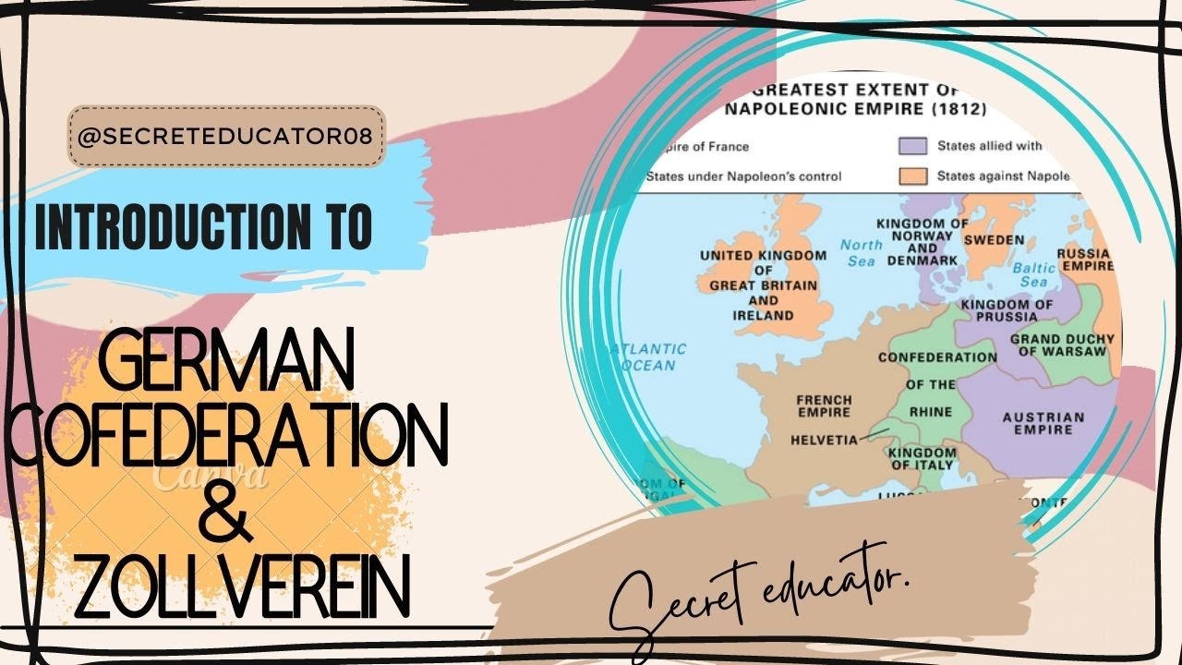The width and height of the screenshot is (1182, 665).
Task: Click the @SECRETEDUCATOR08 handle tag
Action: coord(225,137)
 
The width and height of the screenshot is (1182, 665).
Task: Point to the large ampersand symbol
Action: coord(227,516)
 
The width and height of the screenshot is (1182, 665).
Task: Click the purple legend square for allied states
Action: coord(912,147)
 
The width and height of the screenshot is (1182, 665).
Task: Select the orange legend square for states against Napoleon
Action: coord(912,175)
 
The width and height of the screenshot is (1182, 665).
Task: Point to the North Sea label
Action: coord(862,252)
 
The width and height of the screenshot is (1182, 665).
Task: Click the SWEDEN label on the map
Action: coord(994,240)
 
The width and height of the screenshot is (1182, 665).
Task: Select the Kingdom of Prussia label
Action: coord(1006,310)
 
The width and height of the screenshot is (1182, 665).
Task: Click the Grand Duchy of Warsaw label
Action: coord(1063,345)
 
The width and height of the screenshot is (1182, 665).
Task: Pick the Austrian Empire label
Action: coord(1043,423)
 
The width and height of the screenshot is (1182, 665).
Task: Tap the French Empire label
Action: coord(824,406)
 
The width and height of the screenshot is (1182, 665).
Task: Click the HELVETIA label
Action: coord(824,441)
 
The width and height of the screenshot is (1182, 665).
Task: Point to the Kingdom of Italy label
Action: coord(923,458)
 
